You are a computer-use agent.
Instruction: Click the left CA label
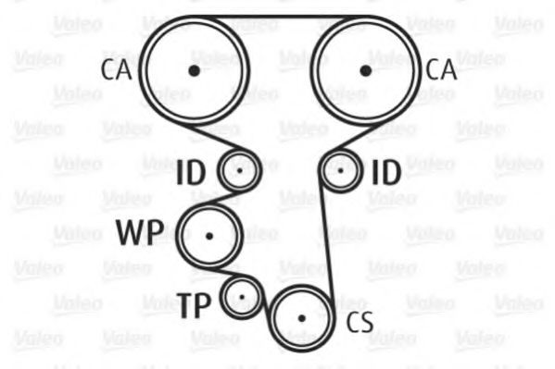point(116,69)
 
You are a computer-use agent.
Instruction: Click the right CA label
point(441,69)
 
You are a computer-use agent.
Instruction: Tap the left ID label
point(191,173)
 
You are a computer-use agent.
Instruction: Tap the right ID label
point(386,173)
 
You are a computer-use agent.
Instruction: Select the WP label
point(140,233)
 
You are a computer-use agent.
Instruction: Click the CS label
point(359,322)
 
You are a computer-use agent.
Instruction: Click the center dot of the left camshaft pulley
point(194,70)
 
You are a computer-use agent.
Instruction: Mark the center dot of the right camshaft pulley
point(366,70)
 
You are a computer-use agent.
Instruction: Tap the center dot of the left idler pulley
point(240,171)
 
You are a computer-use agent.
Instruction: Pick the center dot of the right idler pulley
point(340,171)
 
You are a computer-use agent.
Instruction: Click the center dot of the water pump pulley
point(209,236)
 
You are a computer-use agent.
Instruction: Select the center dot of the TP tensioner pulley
point(242,297)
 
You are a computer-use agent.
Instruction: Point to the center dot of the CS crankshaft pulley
point(301,318)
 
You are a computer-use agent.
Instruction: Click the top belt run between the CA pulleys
point(280,17)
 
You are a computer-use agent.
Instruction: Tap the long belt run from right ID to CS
point(326,240)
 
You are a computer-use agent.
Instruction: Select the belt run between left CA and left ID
point(215,137)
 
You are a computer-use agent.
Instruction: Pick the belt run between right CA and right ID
point(355,137)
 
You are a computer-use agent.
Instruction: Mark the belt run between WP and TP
point(230,272)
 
